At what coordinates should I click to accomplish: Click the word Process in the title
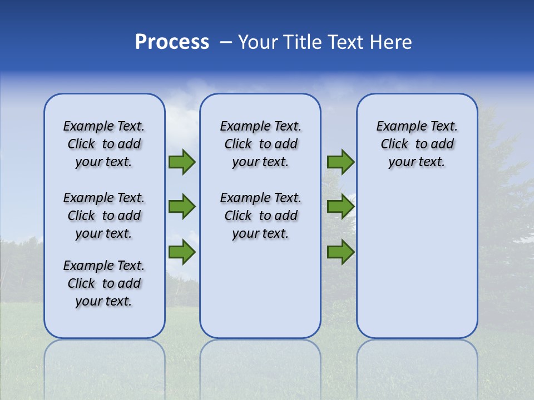pos(172,42)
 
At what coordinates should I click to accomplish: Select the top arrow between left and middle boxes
pos(182,162)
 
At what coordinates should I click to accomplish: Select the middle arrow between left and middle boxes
pos(182,207)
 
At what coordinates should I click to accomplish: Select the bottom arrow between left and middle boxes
pos(182,253)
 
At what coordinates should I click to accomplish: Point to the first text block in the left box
pos(104,144)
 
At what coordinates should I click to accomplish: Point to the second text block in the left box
pos(104,216)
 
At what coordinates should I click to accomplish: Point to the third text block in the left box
pos(104,283)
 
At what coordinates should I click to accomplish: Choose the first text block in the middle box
pos(260,144)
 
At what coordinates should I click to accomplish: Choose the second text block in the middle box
pos(260,216)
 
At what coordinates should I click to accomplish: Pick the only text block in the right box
pos(417,144)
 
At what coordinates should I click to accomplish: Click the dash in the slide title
pos(226,42)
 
